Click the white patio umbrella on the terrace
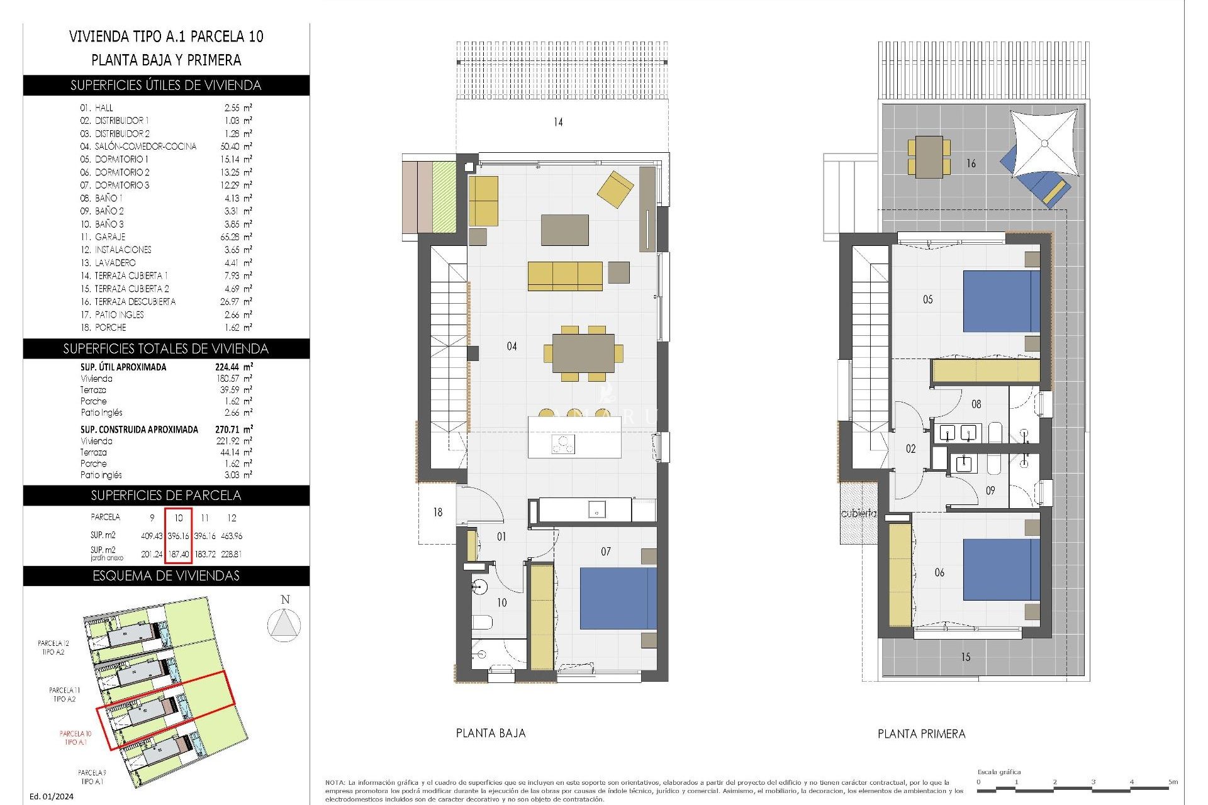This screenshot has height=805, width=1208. (x=1044, y=143)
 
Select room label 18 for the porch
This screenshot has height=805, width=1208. (x=438, y=513)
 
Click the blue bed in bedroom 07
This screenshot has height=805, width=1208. (x=618, y=598)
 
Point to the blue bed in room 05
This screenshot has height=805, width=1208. (x=1000, y=301)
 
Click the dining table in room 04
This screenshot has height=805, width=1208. (x=583, y=353)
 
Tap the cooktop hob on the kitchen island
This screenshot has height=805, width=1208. (x=563, y=444)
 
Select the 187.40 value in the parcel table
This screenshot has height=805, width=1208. (x=179, y=554)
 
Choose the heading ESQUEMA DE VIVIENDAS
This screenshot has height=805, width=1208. (x=166, y=575)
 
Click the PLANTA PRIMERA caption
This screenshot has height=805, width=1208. (x=921, y=734)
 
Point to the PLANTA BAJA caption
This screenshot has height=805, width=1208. (x=490, y=733)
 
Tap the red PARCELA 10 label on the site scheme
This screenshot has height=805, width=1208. (x=75, y=737)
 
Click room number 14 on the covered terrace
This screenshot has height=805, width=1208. (x=558, y=122)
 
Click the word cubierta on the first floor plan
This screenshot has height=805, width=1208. (x=858, y=513)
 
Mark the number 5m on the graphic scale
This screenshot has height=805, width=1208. (x=1172, y=782)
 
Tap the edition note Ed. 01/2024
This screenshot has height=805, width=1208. (x=52, y=796)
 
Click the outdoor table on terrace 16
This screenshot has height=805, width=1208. (x=929, y=157)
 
